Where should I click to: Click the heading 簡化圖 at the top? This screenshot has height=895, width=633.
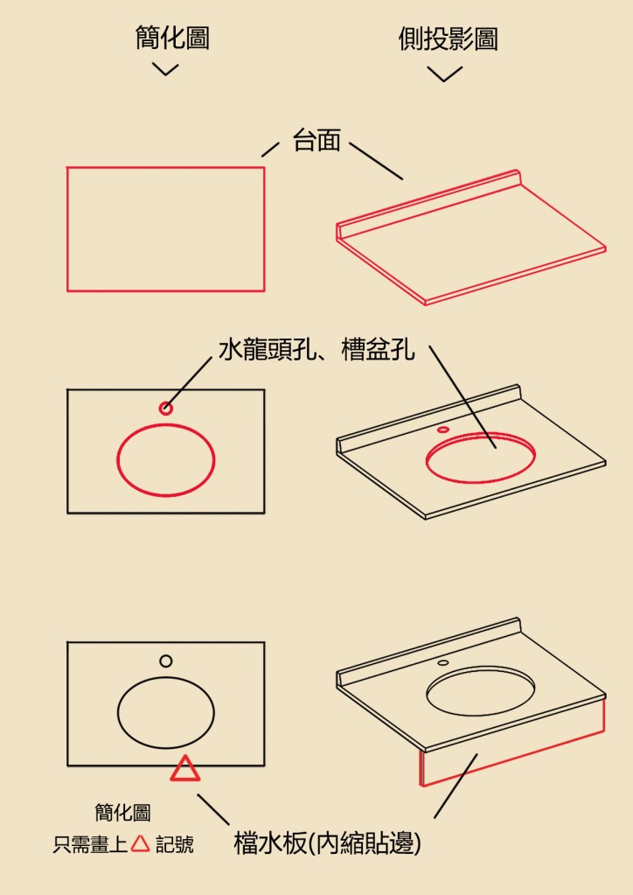coord(172,38)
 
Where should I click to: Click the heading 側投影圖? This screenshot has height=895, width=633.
coord(449,38)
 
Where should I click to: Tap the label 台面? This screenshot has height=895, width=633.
coord(316,140)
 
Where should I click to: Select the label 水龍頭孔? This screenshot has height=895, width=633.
coord(267,349)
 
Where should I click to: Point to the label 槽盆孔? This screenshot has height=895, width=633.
coord(378,349)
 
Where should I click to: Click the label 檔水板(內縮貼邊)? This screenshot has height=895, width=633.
coord(327,843)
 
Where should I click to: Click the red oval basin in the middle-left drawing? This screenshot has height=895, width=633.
coord(117,460)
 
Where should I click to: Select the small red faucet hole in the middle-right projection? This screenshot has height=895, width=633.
coord(443,430)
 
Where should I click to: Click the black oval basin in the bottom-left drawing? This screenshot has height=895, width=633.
coord(118,713)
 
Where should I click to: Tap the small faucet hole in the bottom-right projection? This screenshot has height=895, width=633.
coord(443,662)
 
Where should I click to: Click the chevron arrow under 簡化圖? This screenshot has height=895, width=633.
coord(165,71)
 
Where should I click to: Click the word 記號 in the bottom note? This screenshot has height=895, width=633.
coord(175,844)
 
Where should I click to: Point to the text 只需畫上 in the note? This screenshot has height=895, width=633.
coord(90,844)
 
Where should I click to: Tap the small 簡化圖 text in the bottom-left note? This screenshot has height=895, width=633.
coord(122,812)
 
